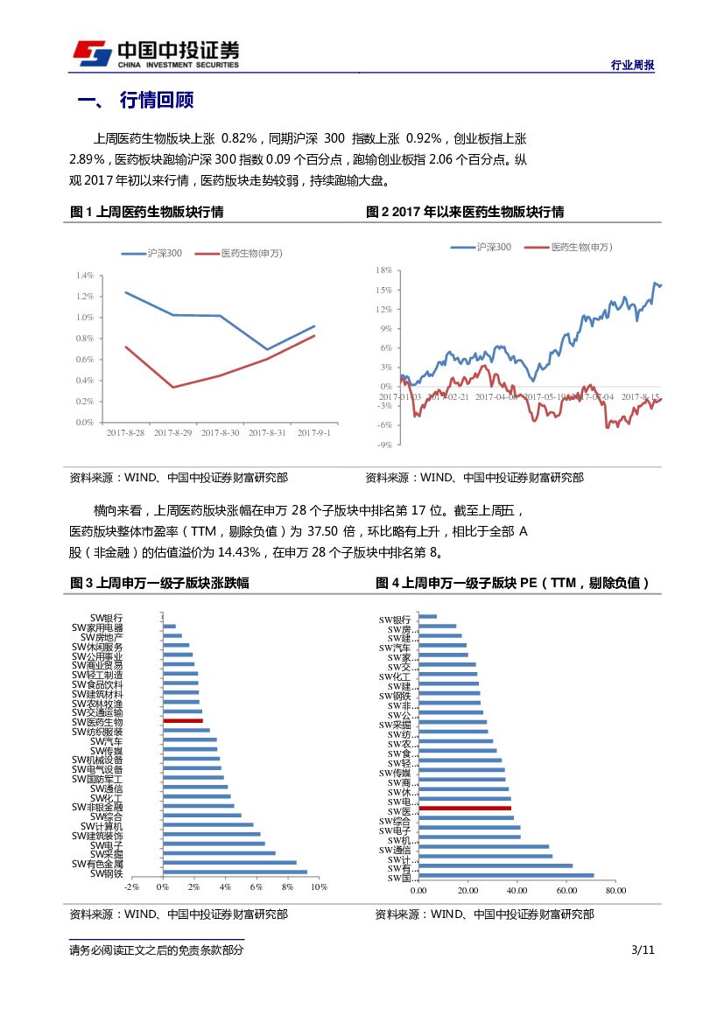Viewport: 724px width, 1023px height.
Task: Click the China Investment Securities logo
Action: [x=154, y=54]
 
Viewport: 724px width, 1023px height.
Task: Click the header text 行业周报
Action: [x=631, y=66]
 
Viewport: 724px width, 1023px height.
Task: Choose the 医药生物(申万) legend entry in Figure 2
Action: [x=568, y=248]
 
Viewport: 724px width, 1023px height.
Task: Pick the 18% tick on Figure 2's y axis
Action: [x=383, y=270]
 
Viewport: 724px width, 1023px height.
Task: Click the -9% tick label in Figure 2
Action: [x=383, y=445]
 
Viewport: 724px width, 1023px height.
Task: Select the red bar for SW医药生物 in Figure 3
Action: [x=183, y=721]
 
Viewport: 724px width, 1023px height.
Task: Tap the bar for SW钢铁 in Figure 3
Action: [x=235, y=872]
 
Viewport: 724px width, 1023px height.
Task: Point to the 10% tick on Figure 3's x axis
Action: [x=319, y=887]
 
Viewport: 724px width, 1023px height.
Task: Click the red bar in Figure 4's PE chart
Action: [x=465, y=809]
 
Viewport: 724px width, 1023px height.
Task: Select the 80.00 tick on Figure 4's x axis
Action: [x=615, y=891]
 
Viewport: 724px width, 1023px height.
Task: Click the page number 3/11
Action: [x=643, y=950]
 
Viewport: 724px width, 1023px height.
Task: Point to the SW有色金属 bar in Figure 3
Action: [x=229, y=863]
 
